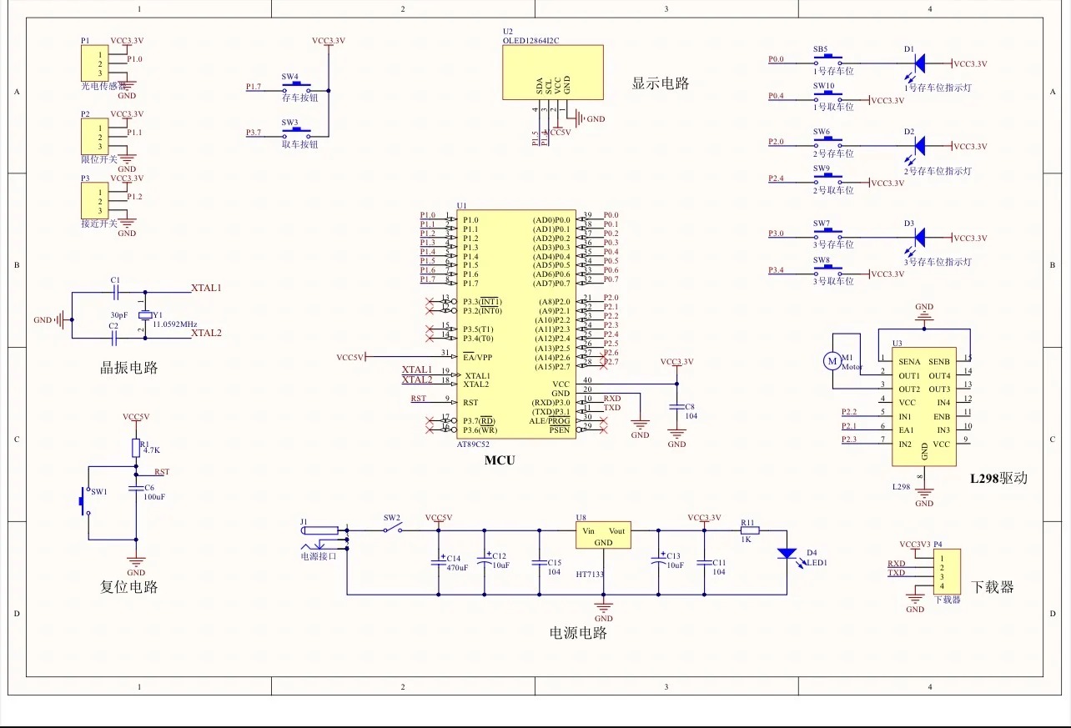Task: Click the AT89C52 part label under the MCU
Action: [x=473, y=444]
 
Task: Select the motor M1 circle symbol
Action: [x=832, y=360]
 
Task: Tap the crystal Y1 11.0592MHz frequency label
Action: [x=175, y=323]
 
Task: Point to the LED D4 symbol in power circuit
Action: [x=786, y=553]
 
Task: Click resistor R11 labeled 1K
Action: [x=750, y=530]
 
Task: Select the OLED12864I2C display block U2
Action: [x=552, y=72]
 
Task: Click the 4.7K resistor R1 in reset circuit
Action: [x=135, y=449]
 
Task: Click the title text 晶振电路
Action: [x=128, y=368]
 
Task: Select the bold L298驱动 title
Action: [x=998, y=479]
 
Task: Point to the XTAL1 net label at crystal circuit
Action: [x=206, y=288]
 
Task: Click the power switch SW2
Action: [x=392, y=529]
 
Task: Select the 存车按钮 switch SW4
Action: [x=297, y=86]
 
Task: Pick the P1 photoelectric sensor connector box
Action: [x=101, y=63]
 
